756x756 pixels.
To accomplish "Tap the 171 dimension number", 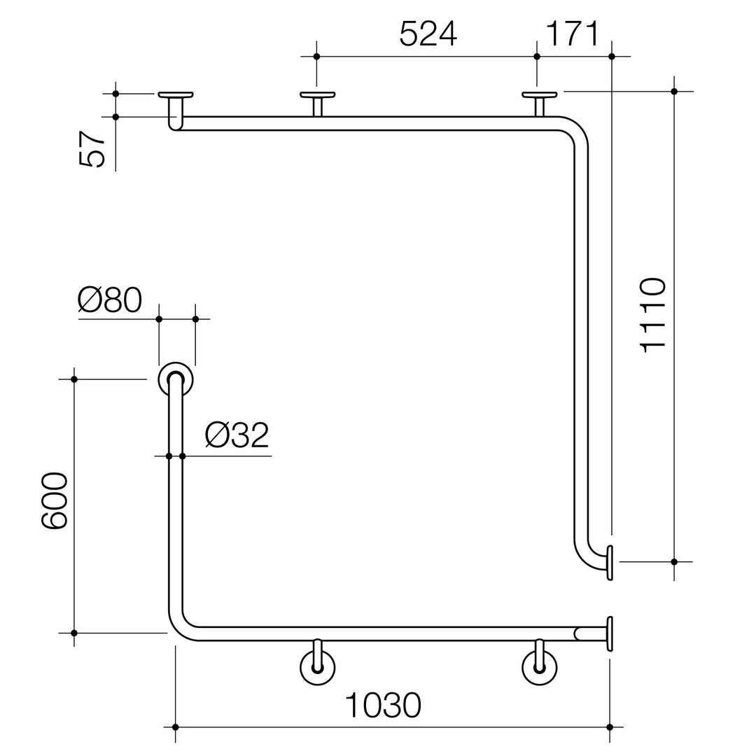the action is [x=573, y=34].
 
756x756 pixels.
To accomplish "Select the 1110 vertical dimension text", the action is [x=653, y=315].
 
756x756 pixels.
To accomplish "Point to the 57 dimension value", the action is [x=92, y=149].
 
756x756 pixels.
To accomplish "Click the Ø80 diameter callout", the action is [x=110, y=300].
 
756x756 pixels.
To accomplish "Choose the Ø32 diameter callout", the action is [x=237, y=435].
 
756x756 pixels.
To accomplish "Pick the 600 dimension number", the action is [x=55, y=501].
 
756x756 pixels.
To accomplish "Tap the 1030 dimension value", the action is [x=384, y=706].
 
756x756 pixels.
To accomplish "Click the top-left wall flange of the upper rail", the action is [x=176, y=94].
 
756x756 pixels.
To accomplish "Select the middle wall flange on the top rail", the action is [x=317, y=94].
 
